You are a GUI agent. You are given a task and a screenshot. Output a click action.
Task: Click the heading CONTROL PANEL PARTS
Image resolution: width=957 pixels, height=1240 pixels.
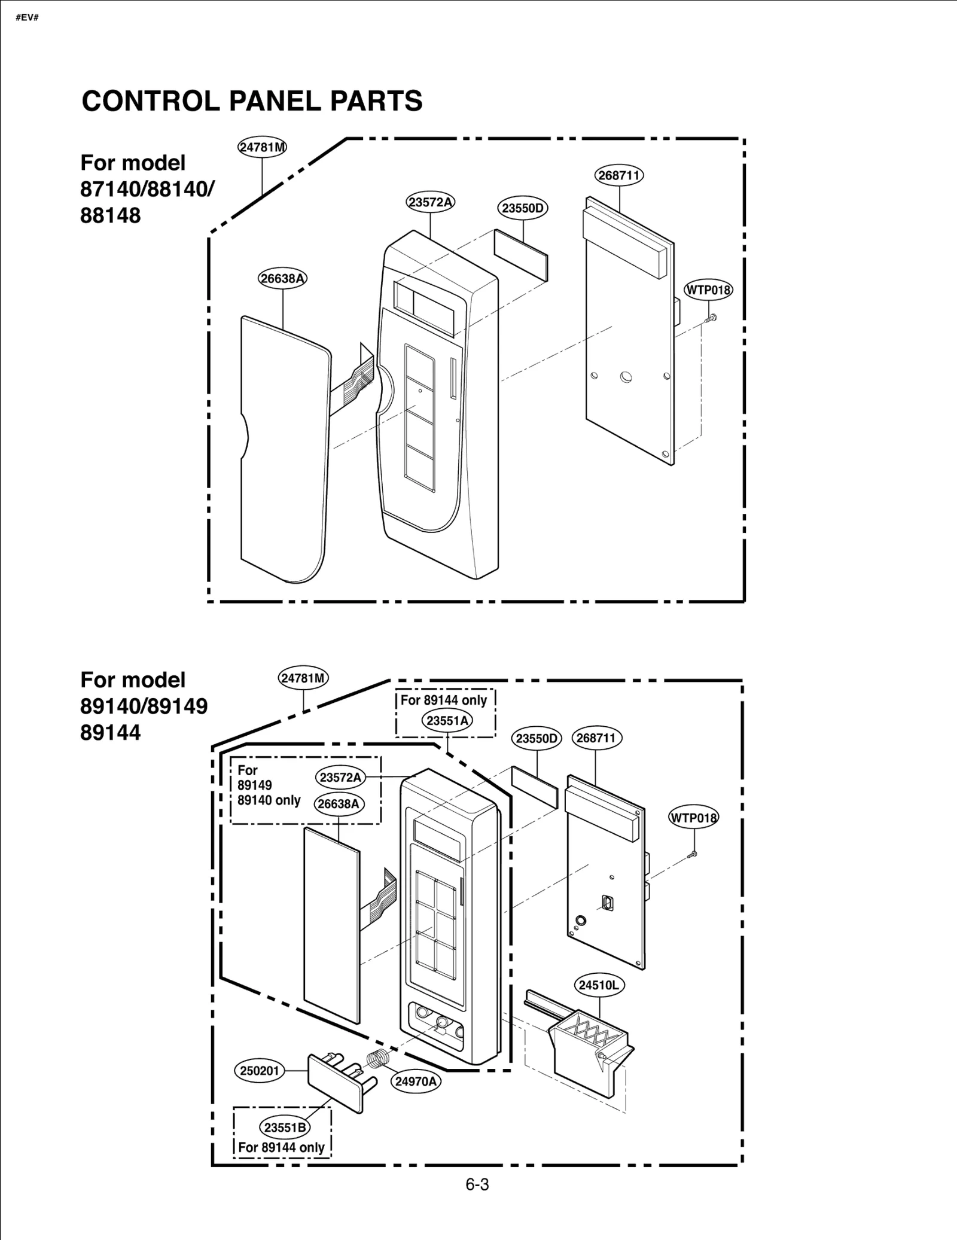pos(252,101)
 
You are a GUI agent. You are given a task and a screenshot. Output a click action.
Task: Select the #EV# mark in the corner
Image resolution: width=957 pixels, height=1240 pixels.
pos(27,17)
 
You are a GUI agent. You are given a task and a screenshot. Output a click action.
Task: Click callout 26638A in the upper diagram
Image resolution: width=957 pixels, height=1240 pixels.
pos(282,279)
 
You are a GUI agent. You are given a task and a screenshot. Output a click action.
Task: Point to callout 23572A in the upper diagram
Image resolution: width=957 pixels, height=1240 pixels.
pos(430,202)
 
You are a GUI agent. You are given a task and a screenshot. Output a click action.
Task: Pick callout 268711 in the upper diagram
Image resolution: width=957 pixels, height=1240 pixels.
pos(619,175)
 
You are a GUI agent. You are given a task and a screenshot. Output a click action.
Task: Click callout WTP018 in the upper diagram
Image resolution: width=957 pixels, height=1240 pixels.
pos(708,291)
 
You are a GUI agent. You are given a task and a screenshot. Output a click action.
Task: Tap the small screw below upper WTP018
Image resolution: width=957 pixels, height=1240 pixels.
pos(711,319)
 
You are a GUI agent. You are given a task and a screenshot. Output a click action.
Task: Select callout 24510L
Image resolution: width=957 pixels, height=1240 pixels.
pos(599,985)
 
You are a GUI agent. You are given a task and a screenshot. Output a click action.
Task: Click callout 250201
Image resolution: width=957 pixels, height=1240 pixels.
pos(260,1071)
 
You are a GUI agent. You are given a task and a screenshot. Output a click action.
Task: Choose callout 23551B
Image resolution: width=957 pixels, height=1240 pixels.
pos(285,1128)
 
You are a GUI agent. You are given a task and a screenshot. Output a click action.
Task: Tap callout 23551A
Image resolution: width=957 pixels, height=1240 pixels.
pos(447,721)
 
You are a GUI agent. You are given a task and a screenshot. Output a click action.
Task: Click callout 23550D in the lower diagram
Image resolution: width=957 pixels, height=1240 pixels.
pos(537,739)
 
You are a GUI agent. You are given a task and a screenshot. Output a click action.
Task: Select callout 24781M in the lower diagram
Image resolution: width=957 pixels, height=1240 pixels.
pos(304,678)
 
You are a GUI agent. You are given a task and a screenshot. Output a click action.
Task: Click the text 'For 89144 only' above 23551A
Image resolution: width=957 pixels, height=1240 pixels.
pos(444,700)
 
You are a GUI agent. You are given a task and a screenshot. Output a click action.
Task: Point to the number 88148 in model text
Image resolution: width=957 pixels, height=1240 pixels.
pos(111,215)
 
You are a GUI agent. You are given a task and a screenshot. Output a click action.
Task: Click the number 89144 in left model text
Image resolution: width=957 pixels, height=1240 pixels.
pos(111,732)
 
